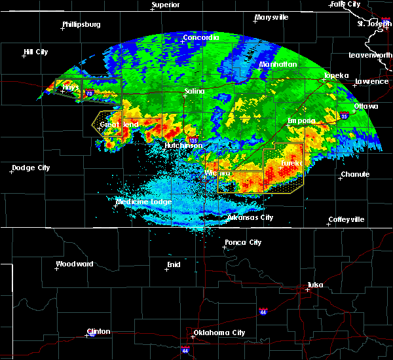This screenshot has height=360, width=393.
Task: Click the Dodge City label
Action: [31, 168]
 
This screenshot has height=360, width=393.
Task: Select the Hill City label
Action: [36, 52]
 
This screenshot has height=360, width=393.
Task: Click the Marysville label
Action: [272, 17]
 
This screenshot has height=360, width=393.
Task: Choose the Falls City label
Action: [345, 4]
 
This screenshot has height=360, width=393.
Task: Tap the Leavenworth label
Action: [370, 55]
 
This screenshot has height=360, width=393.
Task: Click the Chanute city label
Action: [355, 175]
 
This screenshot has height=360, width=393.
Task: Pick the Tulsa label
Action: [316, 285]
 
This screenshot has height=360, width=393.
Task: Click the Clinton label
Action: [99, 331]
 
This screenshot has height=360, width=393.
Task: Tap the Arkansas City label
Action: [250, 217]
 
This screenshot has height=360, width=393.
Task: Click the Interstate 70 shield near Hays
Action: [88, 94]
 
